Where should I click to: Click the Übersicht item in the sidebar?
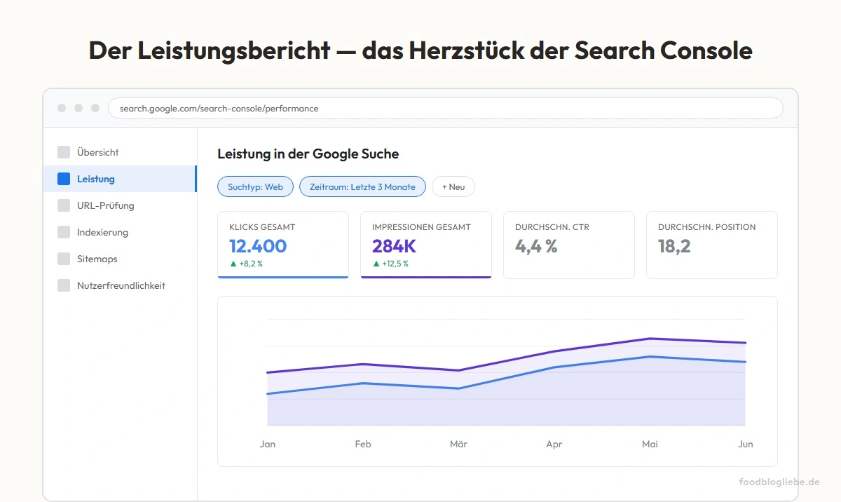[x=97, y=152]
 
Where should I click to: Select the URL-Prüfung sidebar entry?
[x=105, y=205]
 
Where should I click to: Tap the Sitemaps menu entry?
[x=97, y=259]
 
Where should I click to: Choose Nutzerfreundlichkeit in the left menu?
[x=121, y=285]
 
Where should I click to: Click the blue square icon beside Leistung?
[x=64, y=179]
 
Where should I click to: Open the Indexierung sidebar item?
[x=102, y=232]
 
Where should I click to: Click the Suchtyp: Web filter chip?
[x=255, y=186]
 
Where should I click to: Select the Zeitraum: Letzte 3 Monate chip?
[x=362, y=186]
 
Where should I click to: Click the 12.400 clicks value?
[x=258, y=246]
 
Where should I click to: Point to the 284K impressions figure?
[x=394, y=246]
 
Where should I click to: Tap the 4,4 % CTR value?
[x=536, y=246]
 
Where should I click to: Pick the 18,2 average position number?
[x=674, y=246]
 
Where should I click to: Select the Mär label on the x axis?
[x=458, y=444]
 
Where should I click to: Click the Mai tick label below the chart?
[x=650, y=444]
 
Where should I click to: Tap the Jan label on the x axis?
[x=267, y=444]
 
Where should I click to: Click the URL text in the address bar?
[x=219, y=109]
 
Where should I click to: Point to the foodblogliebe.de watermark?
[x=779, y=482]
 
